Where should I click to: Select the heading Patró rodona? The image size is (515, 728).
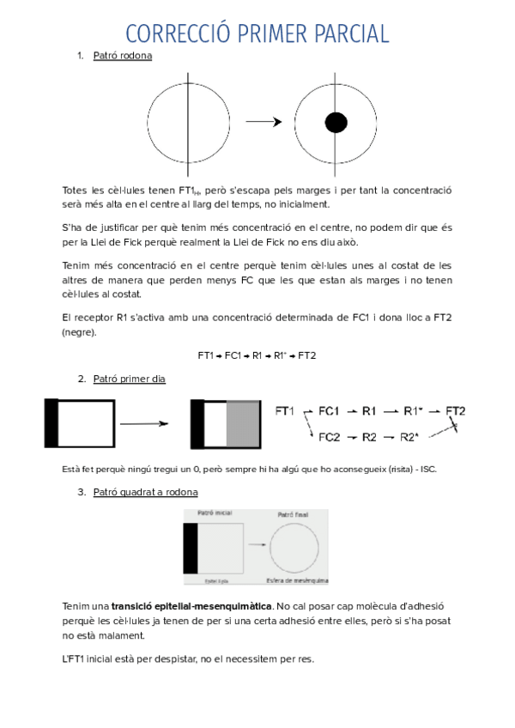click(x=122, y=56)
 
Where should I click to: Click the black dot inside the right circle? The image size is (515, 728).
click(x=335, y=122)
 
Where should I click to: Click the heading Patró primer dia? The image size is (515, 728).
click(x=129, y=379)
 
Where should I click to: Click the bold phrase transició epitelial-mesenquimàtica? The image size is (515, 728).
click(x=190, y=606)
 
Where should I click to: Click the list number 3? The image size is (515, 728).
click(x=80, y=492)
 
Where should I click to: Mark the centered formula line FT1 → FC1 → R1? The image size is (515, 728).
click(x=257, y=355)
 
